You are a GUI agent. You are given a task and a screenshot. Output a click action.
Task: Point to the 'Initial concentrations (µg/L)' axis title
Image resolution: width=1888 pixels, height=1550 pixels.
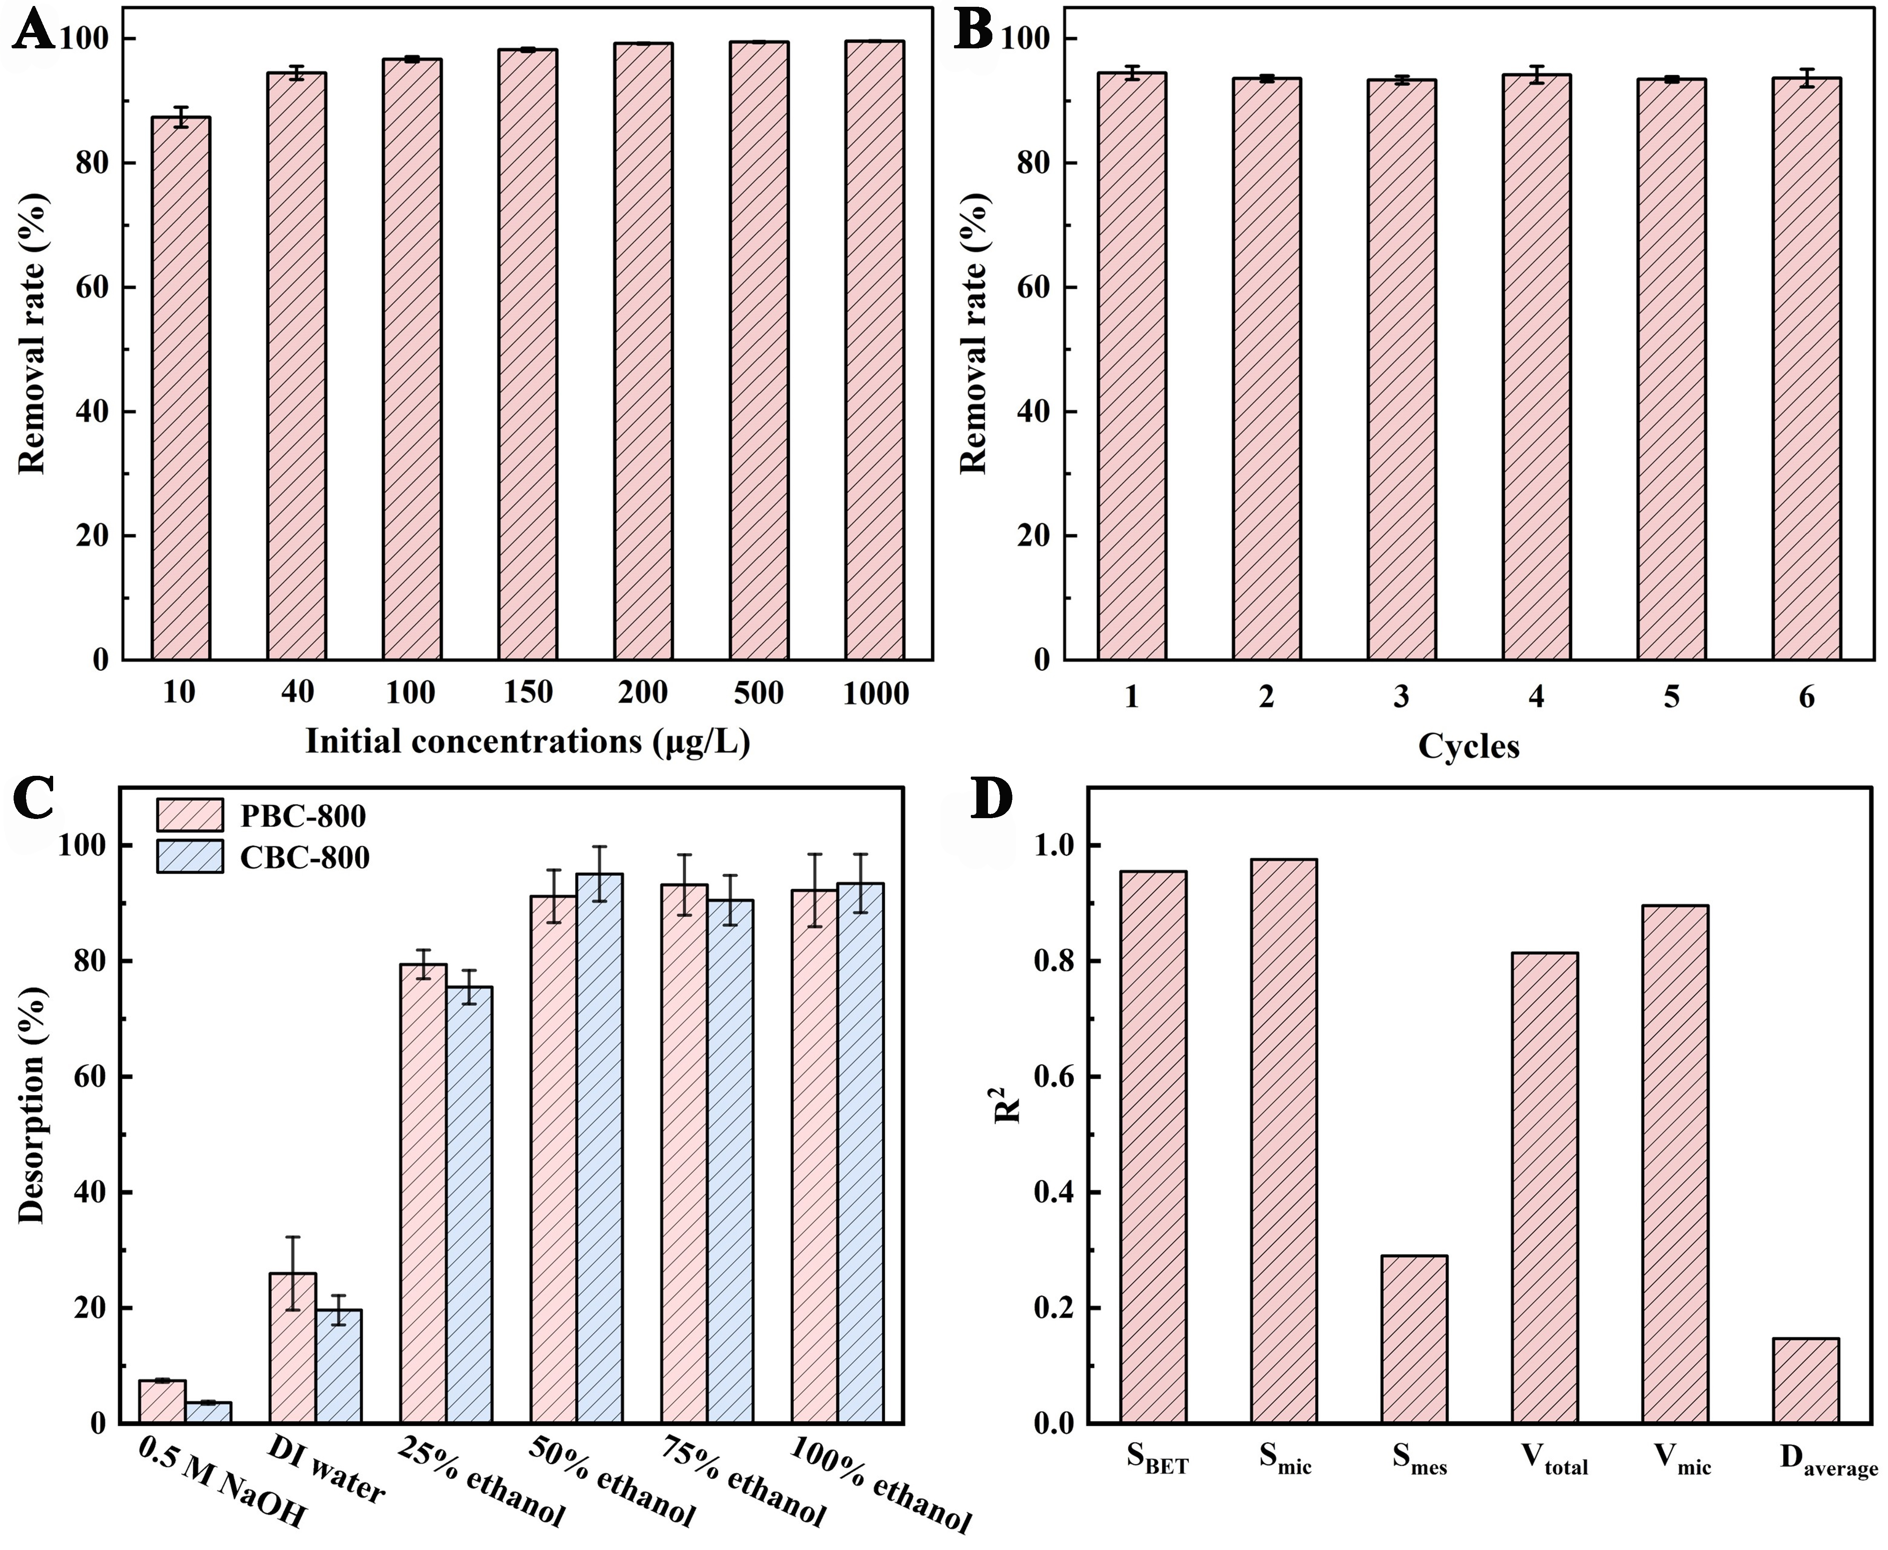(527, 742)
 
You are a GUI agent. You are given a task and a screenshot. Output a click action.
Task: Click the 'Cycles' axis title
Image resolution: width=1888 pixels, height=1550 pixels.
(1468, 745)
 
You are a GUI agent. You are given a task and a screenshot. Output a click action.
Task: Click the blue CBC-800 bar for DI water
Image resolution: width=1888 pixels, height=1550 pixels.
(339, 1366)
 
